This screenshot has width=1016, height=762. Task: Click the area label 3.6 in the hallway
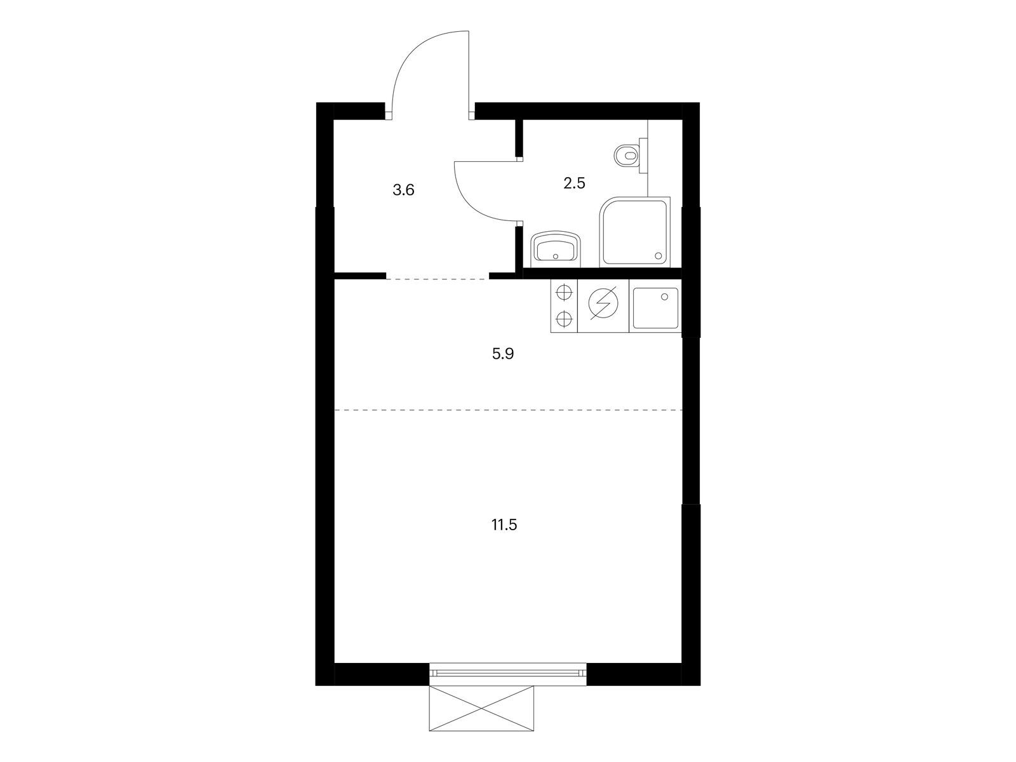403,190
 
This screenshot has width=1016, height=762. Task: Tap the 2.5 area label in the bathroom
574,184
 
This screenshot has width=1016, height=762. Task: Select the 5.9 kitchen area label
503,354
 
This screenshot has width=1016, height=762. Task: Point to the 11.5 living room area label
504,525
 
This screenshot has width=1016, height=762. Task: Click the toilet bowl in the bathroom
626,156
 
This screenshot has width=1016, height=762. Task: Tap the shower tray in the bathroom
634,232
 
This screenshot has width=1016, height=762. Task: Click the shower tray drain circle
658,255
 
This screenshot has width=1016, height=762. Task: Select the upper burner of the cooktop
564,293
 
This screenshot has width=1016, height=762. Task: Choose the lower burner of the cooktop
564,318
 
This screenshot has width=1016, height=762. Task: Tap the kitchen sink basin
655,308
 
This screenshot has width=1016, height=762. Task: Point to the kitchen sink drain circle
665,297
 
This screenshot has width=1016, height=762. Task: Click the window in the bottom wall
508,673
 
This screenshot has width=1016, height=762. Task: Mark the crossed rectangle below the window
481,708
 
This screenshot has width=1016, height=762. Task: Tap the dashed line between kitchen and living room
508,410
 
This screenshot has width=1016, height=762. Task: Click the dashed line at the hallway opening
438,279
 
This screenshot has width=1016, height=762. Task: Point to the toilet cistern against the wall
643,156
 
